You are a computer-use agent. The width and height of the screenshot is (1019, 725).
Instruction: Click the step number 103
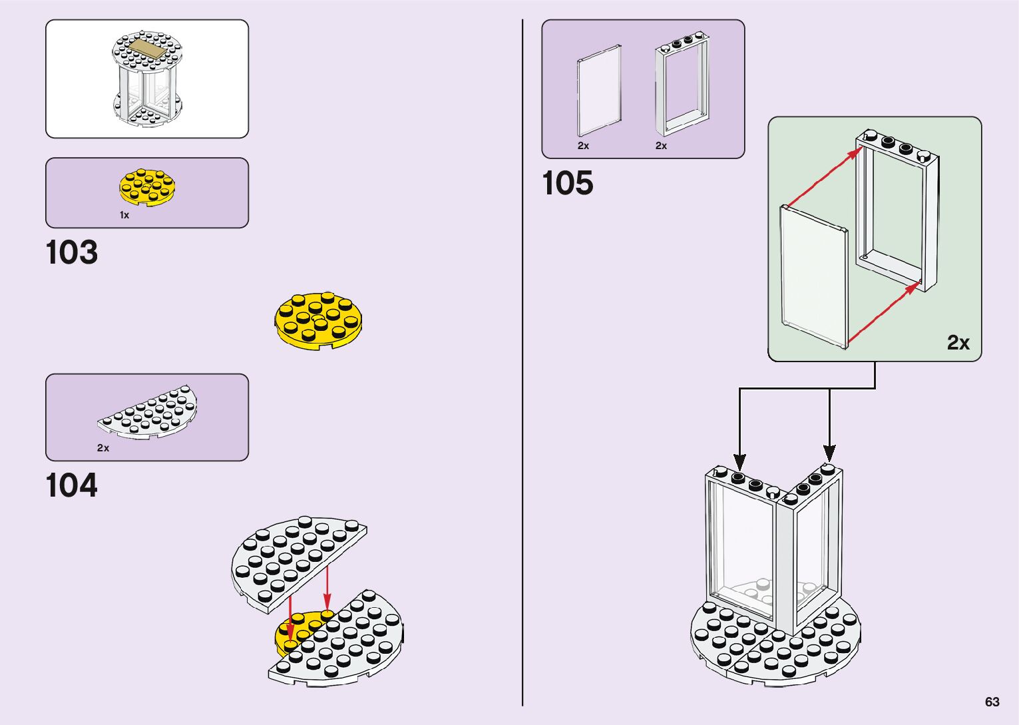(72, 253)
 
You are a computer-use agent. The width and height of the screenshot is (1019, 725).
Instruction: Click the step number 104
(72, 486)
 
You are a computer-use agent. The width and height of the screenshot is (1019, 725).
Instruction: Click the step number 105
(568, 184)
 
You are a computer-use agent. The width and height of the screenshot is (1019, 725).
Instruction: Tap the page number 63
(992, 702)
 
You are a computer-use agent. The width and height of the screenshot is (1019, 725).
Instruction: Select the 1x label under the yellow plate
(124, 215)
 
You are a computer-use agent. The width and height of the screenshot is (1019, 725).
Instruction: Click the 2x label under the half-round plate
(103, 448)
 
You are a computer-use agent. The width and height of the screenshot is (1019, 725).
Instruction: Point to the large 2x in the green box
(958, 342)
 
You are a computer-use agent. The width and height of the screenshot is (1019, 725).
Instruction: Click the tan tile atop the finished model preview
(148, 49)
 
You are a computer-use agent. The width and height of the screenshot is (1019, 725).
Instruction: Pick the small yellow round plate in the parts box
(148, 186)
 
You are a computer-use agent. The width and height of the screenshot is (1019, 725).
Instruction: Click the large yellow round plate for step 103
(318, 320)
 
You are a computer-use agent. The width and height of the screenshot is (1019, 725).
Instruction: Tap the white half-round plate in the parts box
(148, 413)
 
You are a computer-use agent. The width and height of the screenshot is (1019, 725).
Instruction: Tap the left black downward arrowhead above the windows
(739, 461)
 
